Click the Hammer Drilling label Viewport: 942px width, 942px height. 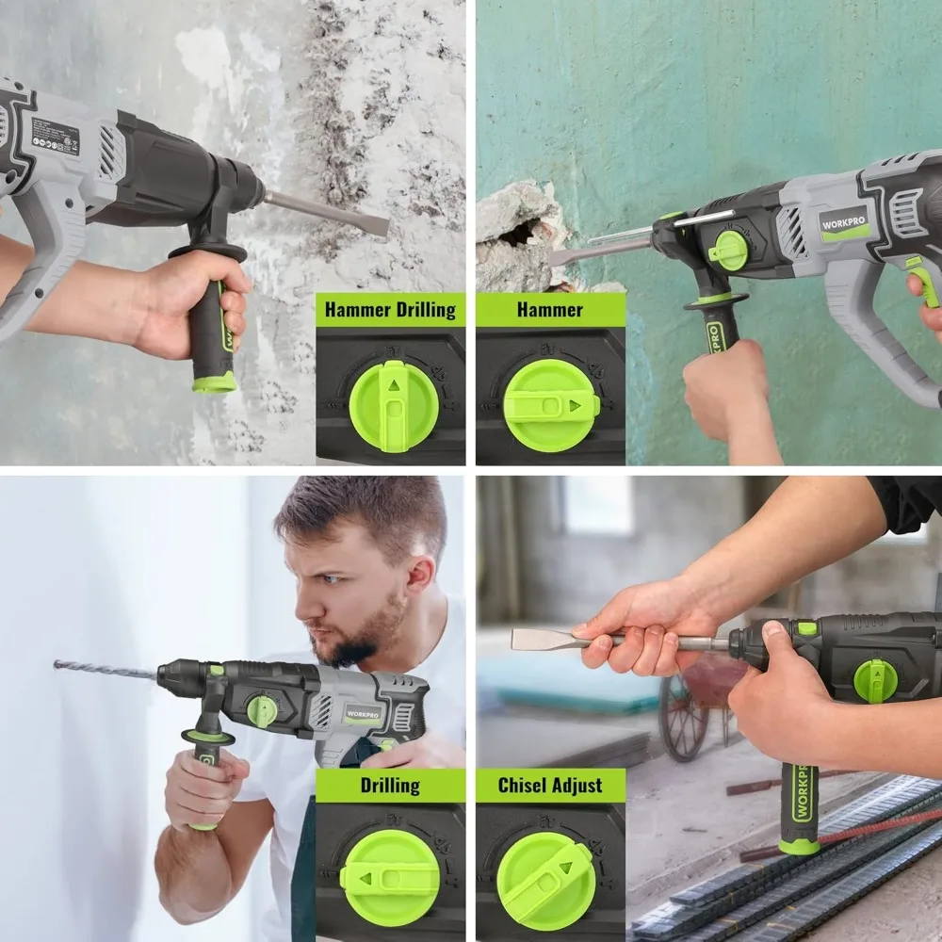click(x=390, y=310)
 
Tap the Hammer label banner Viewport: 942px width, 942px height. click(x=550, y=310)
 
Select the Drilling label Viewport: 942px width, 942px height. click(x=390, y=785)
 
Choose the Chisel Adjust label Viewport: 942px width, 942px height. click(x=550, y=785)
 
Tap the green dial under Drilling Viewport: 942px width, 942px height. click(x=390, y=878)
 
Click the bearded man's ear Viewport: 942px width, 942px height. click(x=421, y=574)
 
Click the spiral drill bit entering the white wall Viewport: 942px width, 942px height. click(x=104, y=671)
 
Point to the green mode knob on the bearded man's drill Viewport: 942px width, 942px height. click(x=263, y=710)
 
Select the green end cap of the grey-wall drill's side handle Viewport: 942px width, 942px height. click(x=215, y=382)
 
